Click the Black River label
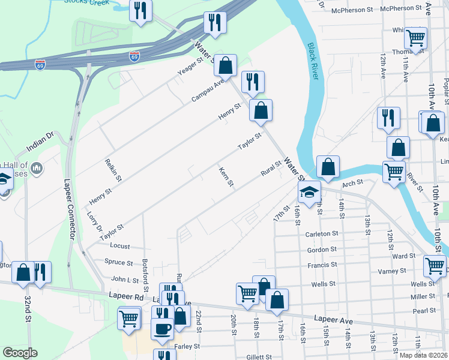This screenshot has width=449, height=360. coord(313,63)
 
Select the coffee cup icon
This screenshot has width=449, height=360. coord(163,329)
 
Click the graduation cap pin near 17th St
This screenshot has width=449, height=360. coord(309,193)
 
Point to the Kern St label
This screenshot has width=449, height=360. coord(226,176)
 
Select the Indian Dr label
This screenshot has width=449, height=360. coord(40,143)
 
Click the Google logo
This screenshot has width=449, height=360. coord(19,353)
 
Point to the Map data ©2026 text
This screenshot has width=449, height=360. coord(423,355)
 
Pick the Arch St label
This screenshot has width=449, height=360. coord(352,182)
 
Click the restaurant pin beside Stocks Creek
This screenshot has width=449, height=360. coord(141,10)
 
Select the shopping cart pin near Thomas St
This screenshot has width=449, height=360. coord(415,38)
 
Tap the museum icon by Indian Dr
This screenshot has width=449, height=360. coord(37,169)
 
